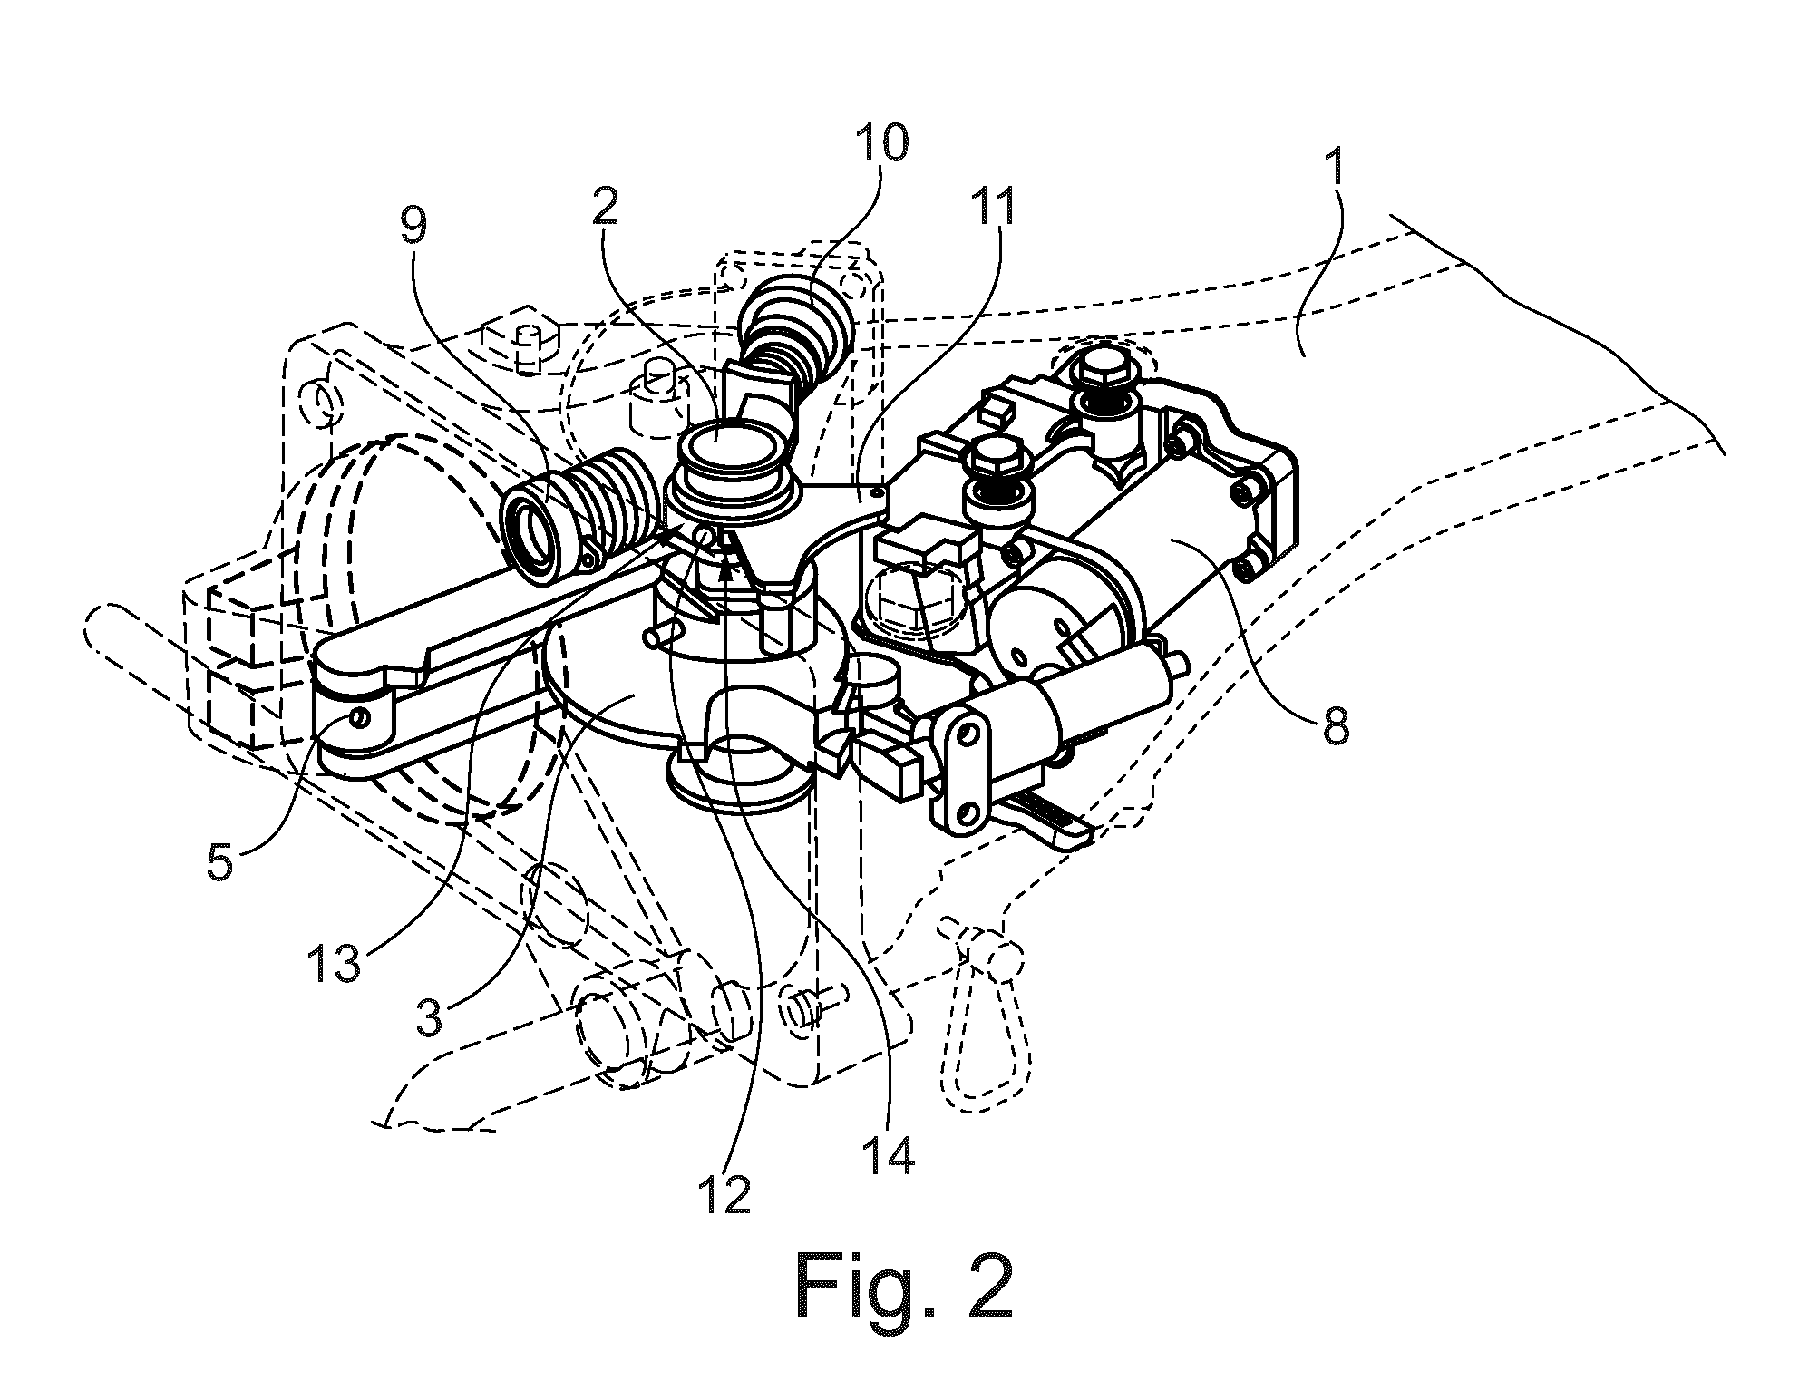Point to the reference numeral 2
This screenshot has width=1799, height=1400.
603,208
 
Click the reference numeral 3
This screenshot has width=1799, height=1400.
429,1019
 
